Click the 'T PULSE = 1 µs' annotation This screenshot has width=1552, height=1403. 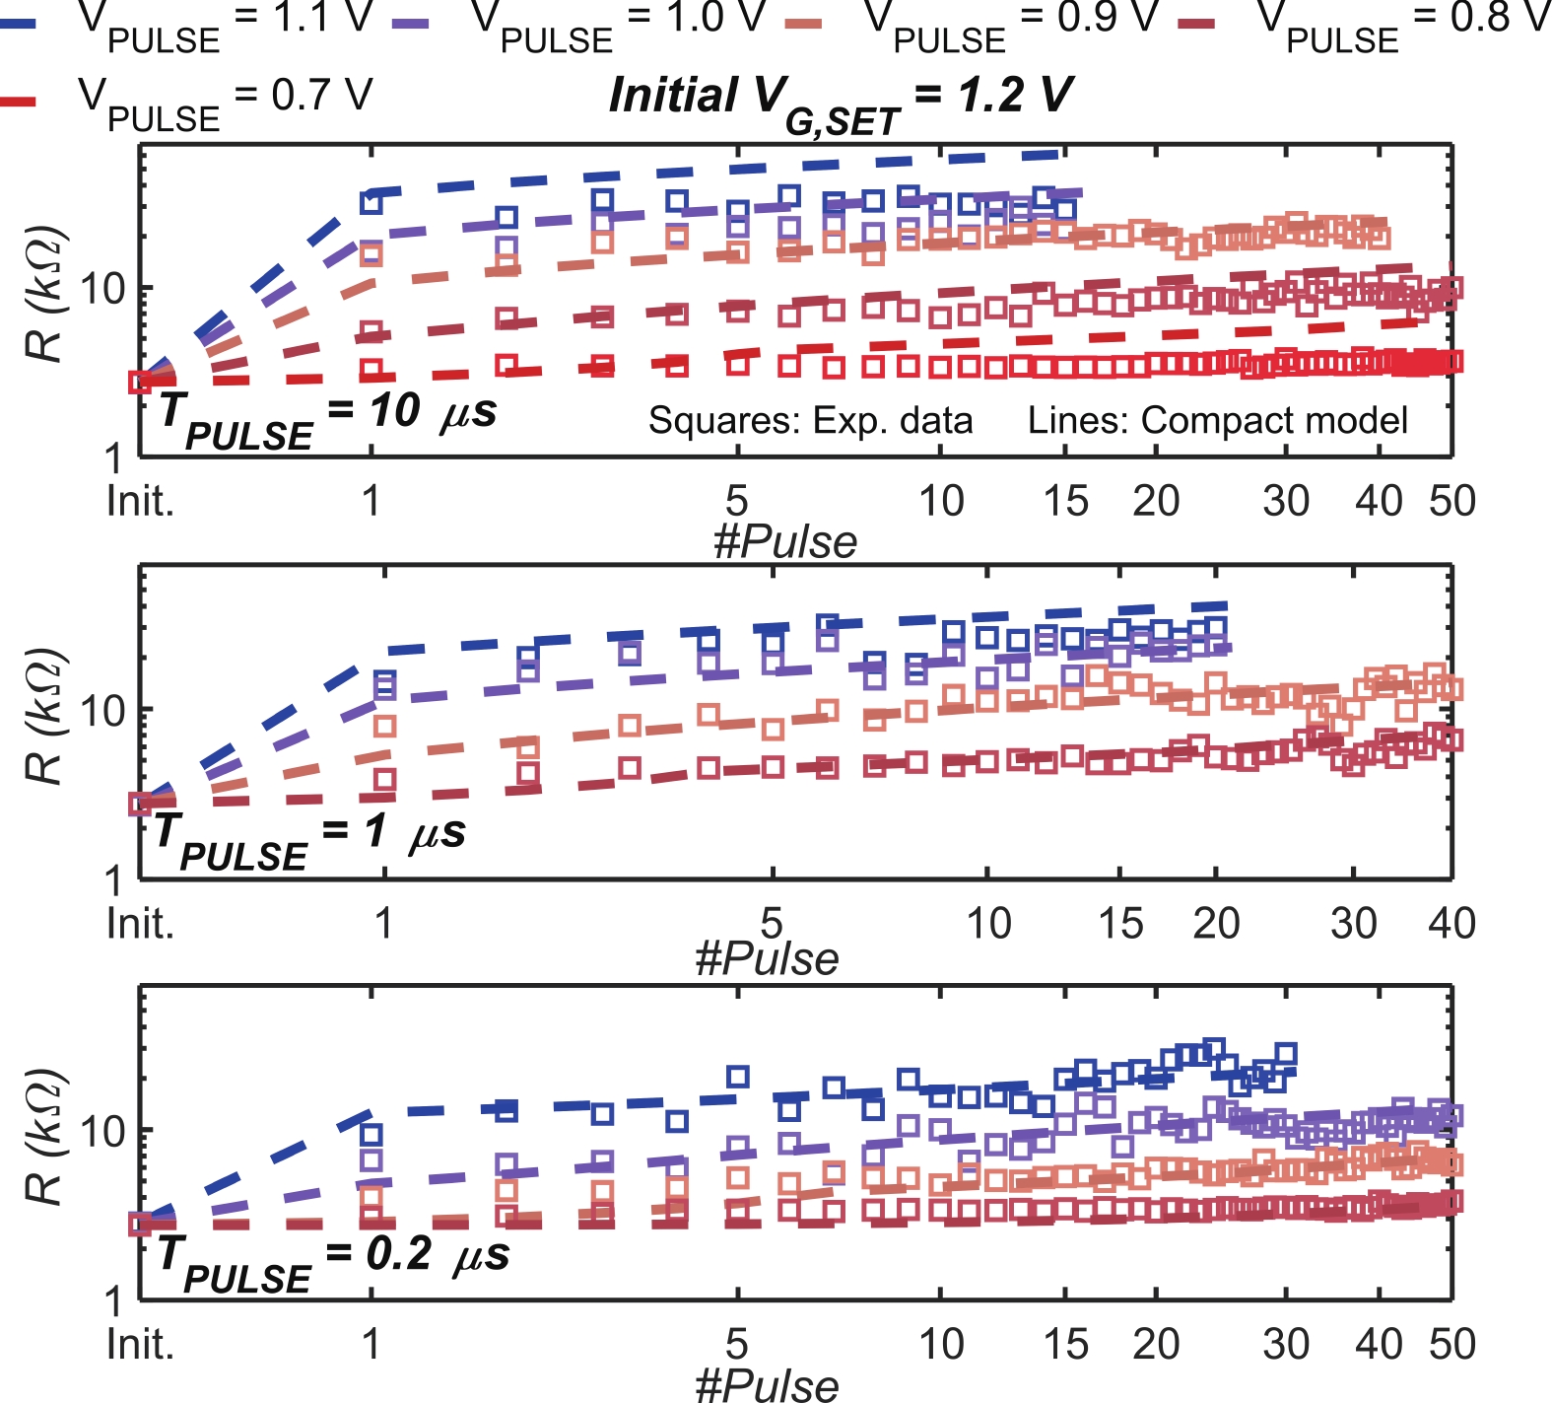coord(309,838)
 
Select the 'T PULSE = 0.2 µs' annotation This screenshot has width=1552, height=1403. coord(333,1260)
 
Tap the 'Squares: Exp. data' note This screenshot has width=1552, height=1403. coord(810,421)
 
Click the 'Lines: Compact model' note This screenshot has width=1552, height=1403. coord(1217,421)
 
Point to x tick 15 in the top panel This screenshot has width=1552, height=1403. coord(1065,502)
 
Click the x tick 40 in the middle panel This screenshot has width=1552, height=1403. coord(1451,924)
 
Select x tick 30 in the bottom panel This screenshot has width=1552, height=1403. coord(1286,1345)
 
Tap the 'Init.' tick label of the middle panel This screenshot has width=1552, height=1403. coord(140,924)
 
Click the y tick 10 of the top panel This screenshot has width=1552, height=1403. coord(101,289)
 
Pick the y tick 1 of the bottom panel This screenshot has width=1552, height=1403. coord(115,1301)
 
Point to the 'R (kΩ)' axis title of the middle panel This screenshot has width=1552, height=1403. coord(45,717)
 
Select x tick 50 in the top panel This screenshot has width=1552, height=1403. coord(1451,502)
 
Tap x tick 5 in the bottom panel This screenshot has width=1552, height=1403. coord(737,1345)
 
